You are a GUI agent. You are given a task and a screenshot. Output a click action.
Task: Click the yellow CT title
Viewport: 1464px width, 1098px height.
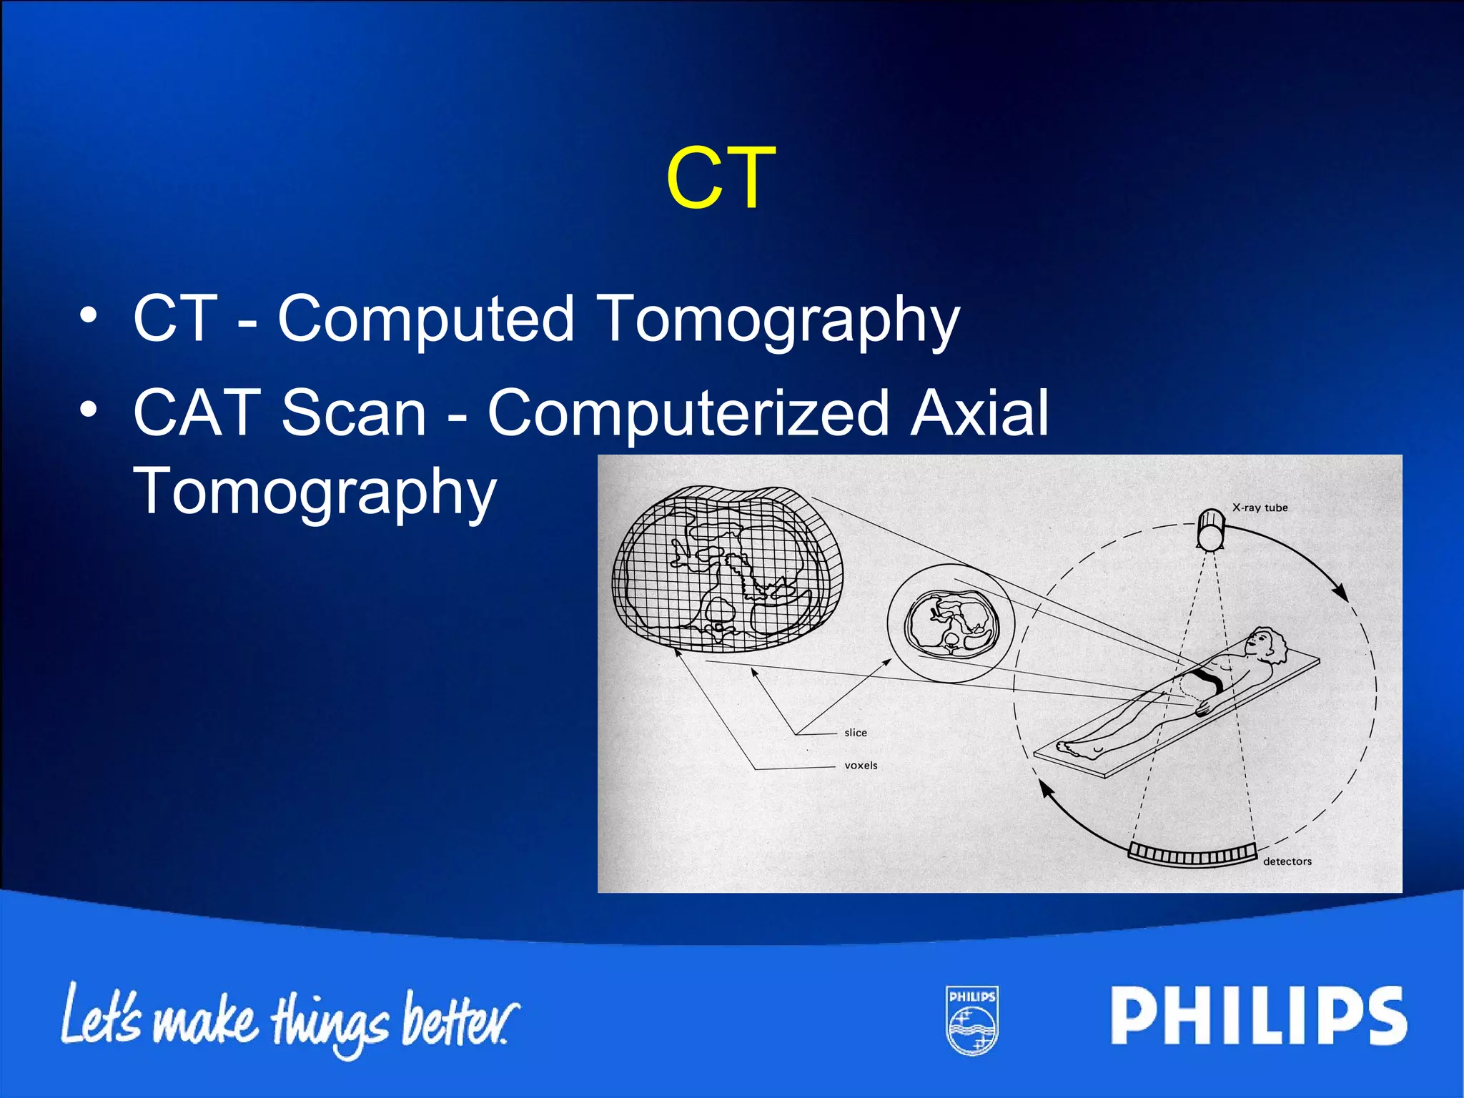pyautogui.click(x=721, y=179)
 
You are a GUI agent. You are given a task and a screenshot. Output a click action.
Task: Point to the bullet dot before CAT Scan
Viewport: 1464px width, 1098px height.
pyautogui.click(x=88, y=410)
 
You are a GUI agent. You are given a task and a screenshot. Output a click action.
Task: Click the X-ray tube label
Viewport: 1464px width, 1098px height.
pyautogui.click(x=1260, y=508)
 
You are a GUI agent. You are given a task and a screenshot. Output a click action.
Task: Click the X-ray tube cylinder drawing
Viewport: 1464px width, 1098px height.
pyautogui.click(x=1211, y=529)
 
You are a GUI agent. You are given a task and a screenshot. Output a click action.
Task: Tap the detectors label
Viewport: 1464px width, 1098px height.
pyautogui.click(x=1287, y=861)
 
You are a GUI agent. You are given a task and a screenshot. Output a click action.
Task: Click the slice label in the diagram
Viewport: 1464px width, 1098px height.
pyautogui.click(x=855, y=733)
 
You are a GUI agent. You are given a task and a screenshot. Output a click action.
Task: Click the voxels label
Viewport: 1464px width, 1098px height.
pyautogui.click(x=861, y=766)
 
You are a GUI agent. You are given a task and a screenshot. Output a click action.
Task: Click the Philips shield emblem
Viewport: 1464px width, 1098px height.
pyautogui.click(x=972, y=1020)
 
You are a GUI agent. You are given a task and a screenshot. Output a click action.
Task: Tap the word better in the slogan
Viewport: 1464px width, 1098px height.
pyautogui.click(x=457, y=1019)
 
